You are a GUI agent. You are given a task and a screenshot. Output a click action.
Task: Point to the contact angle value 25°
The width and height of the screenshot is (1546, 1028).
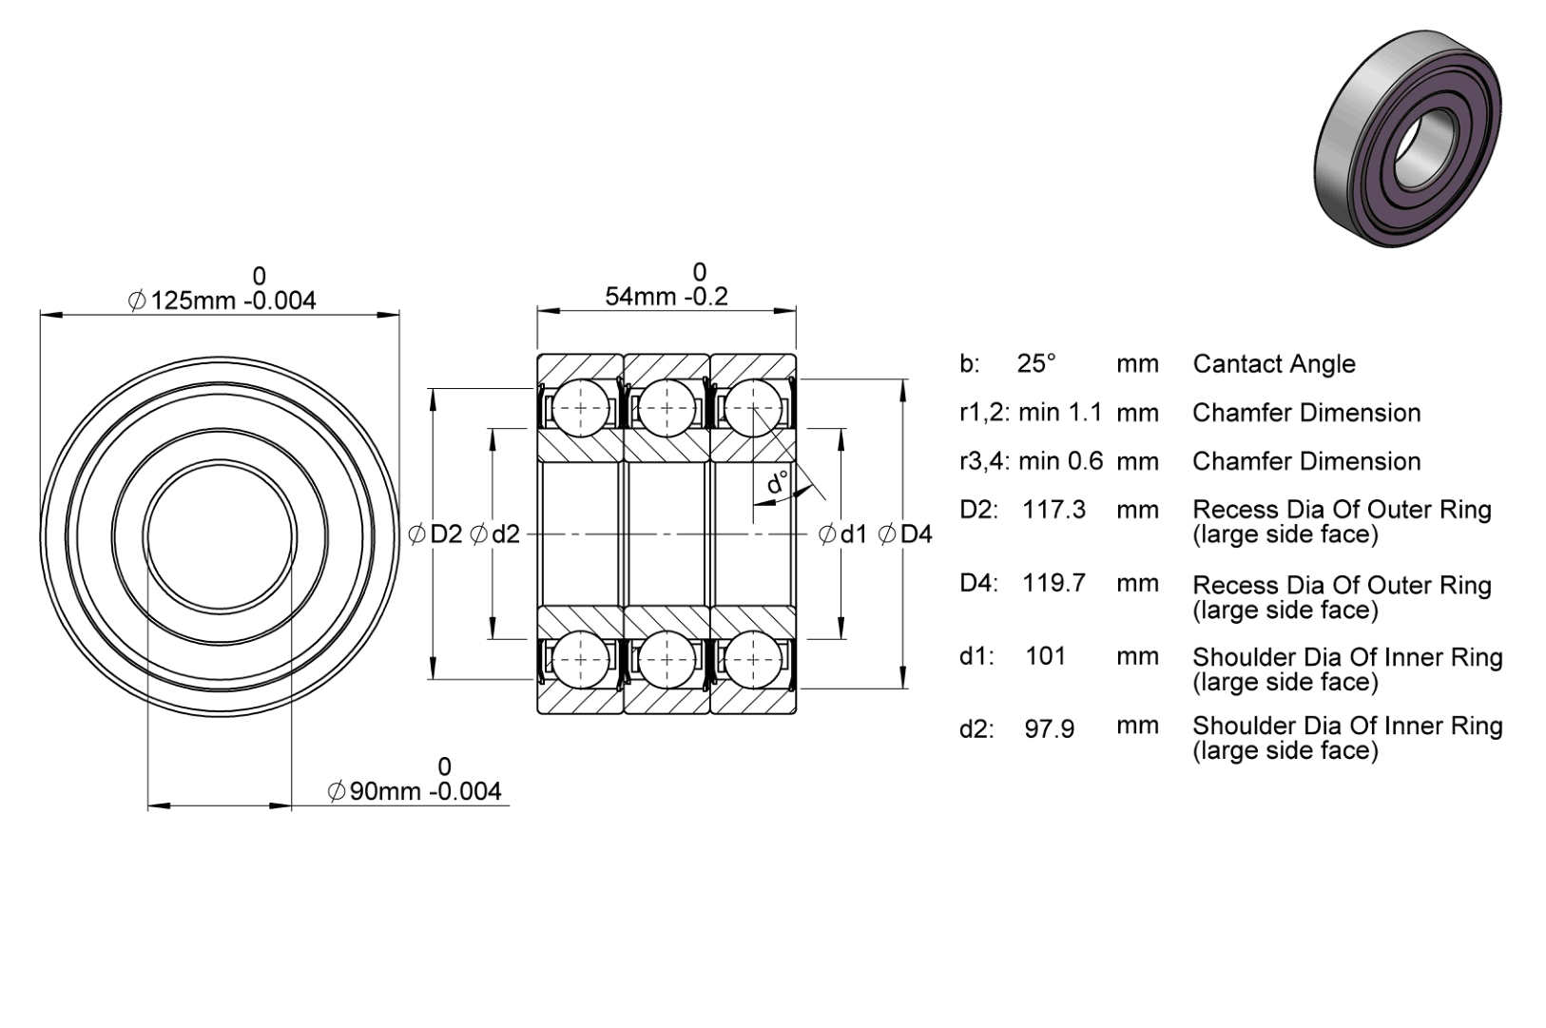coord(1036,363)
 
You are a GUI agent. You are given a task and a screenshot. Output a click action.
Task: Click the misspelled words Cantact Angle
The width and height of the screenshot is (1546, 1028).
coord(1274,364)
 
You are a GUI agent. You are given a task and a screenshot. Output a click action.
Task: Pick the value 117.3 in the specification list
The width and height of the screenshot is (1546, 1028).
coord(1053,510)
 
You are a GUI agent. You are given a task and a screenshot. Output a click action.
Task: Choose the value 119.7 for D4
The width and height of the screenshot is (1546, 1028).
coord(1053,583)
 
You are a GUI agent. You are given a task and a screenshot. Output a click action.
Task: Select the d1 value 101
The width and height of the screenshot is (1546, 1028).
coord(1046,656)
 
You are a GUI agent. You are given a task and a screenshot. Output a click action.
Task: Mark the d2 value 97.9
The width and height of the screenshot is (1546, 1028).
coord(1049,729)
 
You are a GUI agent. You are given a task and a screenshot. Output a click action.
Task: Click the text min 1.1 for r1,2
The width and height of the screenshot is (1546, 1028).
coord(1060,412)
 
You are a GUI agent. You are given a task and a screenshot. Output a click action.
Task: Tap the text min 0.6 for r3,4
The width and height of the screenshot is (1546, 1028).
coord(1061,460)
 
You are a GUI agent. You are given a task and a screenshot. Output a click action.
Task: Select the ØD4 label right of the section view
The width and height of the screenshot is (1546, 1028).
coord(905,533)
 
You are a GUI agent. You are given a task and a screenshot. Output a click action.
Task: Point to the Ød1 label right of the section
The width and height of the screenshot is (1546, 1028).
coord(842,533)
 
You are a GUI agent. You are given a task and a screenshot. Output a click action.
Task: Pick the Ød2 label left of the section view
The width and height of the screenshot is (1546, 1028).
coord(494,533)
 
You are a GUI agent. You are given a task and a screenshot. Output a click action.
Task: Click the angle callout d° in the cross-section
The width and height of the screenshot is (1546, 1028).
coord(778,482)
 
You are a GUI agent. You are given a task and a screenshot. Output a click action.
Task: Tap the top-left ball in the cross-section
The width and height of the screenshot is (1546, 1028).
coord(580,407)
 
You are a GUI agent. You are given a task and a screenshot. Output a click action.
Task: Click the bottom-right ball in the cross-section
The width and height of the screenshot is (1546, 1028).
coord(753,659)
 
